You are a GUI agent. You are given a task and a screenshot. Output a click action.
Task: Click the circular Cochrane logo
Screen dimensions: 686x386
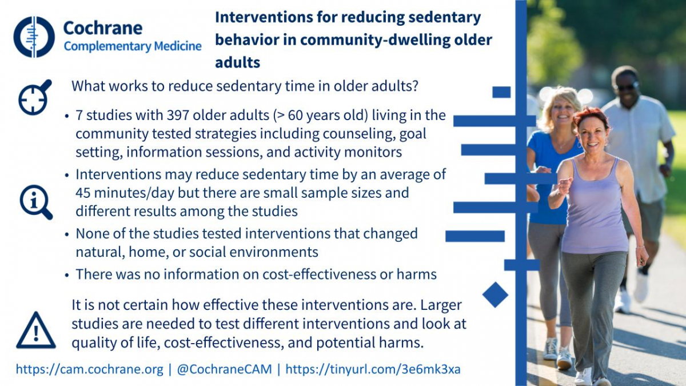[34, 37]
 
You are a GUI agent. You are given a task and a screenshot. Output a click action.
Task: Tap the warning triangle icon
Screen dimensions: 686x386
[36, 331]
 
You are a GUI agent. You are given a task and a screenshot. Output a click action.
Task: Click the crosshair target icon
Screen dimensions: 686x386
[35, 97]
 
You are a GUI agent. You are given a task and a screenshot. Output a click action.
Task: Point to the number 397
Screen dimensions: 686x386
[178, 115]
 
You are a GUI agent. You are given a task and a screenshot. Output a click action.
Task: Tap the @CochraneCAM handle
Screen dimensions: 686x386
[224, 369]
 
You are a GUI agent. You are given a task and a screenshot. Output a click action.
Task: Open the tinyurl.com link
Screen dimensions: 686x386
[373, 369]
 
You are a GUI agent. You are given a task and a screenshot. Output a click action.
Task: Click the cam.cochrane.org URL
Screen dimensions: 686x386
[89, 369]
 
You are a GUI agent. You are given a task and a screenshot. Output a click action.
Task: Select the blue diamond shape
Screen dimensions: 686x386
[495, 295]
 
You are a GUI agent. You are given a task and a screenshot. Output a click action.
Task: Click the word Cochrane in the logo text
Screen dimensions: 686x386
[103, 28]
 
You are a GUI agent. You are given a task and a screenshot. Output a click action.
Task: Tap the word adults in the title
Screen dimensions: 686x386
[238, 62]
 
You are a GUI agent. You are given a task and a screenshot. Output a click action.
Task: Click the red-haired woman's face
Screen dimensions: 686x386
[592, 135]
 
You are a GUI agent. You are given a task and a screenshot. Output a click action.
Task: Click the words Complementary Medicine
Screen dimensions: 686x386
[133, 46]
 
